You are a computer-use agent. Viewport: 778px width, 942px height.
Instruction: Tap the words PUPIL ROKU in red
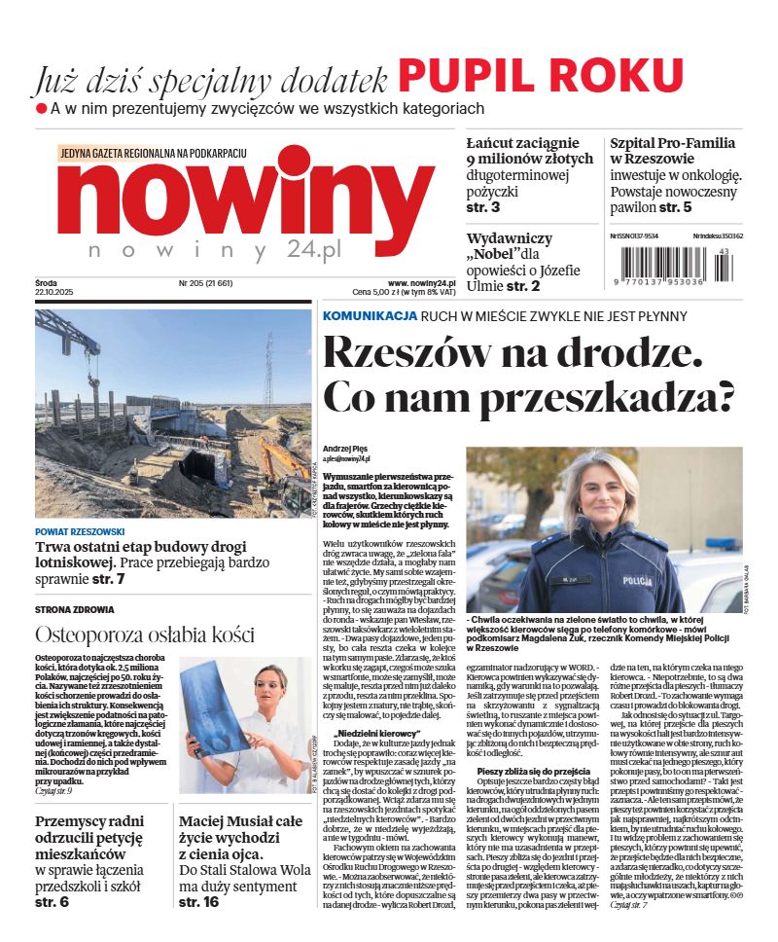[x=541, y=76]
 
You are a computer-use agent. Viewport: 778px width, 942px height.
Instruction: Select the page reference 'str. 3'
[x=483, y=207]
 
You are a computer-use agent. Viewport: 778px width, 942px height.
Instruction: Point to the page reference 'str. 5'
[x=675, y=207]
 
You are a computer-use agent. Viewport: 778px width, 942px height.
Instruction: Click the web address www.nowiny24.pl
[x=415, y=283]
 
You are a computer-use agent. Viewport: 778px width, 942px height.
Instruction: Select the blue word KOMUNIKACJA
[x=370, y=316]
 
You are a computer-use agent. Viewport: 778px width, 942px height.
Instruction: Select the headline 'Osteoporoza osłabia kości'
[x=145, y=635]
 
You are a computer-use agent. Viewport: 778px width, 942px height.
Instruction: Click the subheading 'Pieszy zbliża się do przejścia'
[x=523, y=772]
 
